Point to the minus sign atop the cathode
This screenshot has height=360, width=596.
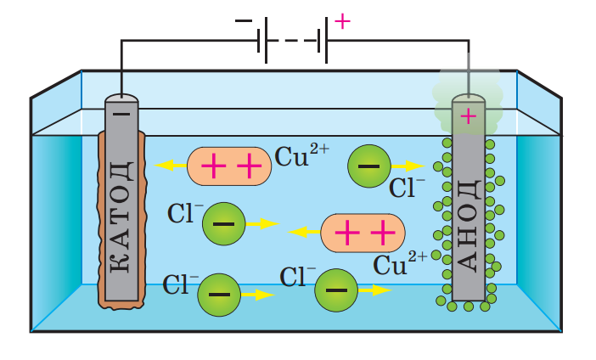121,112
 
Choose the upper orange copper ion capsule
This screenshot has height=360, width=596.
230,166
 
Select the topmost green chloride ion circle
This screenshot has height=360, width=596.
368,166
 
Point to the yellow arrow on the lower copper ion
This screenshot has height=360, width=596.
303,231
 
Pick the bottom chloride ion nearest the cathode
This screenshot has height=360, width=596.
219,295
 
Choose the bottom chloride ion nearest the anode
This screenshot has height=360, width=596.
336,290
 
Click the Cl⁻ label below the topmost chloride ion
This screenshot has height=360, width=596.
408,188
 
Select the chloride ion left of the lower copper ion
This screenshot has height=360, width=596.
224,224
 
